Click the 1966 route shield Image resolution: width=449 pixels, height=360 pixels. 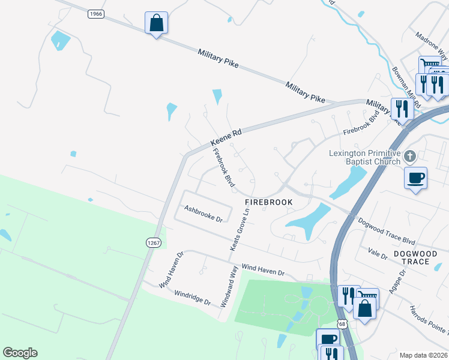(95, 13)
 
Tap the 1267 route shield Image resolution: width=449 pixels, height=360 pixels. (153, 242)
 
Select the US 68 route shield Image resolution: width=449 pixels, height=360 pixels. (342, 323)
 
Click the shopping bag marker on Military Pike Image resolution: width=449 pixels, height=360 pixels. (156, 23)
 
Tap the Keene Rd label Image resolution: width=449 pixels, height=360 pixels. (225, 139)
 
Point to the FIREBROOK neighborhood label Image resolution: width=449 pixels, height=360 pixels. (268, 202)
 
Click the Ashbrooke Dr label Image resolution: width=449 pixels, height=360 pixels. (203, 214)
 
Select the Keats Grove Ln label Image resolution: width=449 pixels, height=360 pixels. (239, 230)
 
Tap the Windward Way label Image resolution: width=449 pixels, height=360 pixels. (229, 288)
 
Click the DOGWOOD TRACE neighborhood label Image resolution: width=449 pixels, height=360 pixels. (420, 257)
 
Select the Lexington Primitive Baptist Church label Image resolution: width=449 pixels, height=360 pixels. (364, 157)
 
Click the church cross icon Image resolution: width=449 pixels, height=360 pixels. (410, 157)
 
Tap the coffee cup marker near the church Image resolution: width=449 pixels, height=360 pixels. (415, 178)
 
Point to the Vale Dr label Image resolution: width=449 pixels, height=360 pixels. (379, 254)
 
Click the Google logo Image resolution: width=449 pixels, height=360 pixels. (20, 353)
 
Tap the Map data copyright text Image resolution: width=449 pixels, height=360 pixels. (424, 355)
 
